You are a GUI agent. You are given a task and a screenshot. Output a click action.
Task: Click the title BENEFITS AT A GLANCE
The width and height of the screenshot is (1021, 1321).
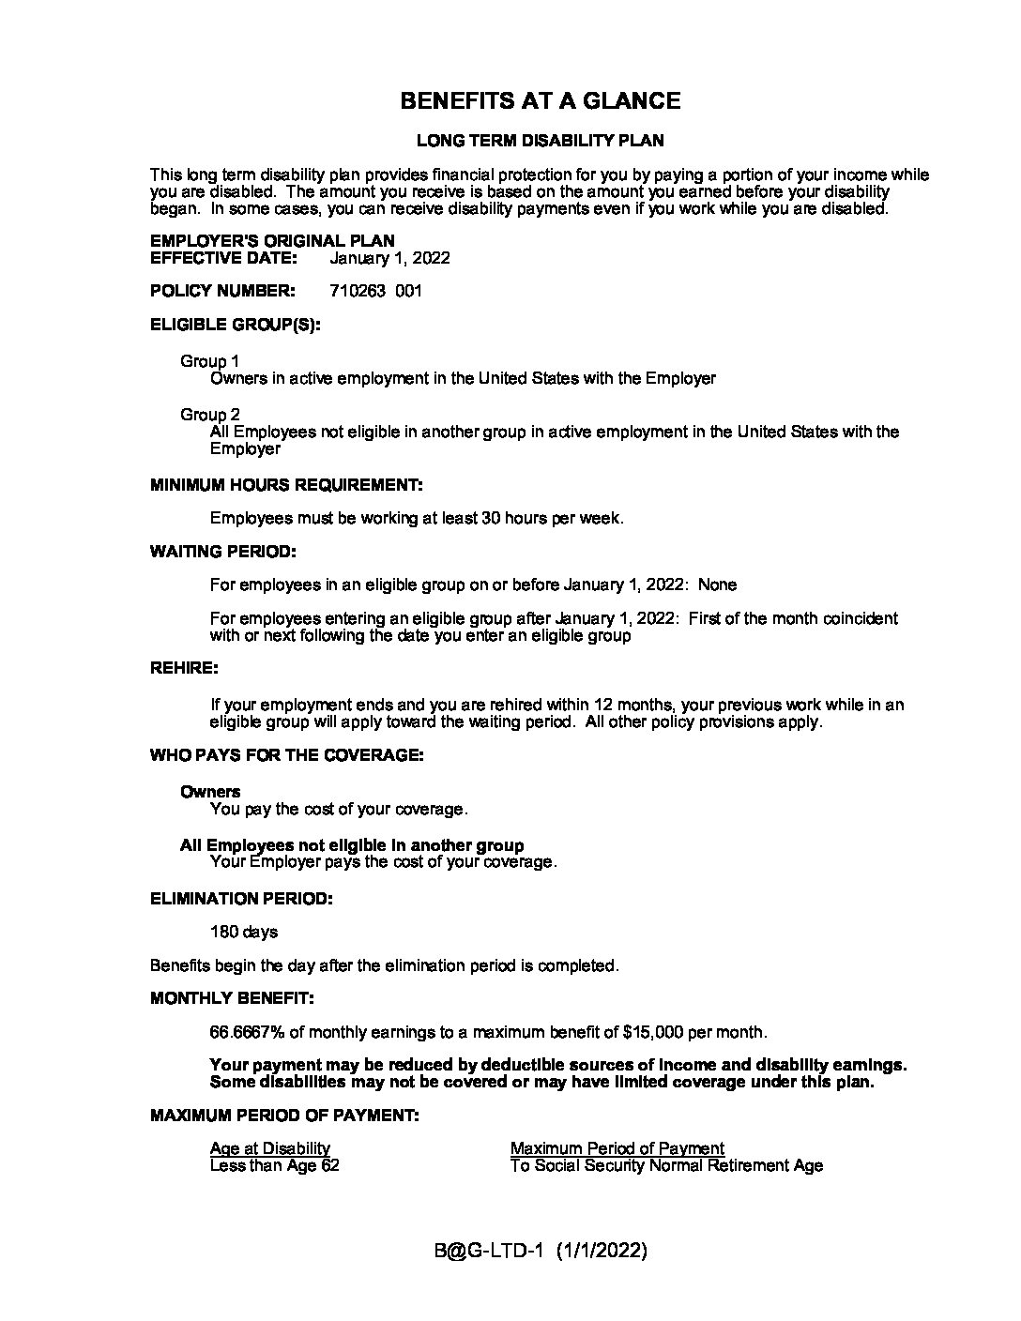[x=540, y=101]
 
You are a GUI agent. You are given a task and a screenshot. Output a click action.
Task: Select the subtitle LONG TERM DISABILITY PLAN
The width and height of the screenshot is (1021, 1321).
[x=540, y=141]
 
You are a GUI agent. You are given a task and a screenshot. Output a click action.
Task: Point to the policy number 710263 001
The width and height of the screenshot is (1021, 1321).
[x=375, y=291]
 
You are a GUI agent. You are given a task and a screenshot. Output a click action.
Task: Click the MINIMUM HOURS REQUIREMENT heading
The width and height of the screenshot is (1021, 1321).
[x=286, y=485]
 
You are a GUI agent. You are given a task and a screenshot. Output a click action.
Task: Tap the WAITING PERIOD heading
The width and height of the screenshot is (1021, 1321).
[x=222, y=551]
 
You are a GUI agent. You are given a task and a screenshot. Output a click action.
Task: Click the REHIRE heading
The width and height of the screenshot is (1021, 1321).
[x=184, y=668]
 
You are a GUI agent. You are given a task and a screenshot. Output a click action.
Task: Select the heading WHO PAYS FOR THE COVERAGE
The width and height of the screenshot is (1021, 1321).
[x=286, y=755]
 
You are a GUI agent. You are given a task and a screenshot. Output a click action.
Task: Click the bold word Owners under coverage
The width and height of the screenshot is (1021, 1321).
[x=210, y=792]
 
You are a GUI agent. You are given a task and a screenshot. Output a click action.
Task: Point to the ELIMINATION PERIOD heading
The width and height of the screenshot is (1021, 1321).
[x=241, y=899]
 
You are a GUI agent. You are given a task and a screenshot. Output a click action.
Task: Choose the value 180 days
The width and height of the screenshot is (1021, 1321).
[x=244, y=933]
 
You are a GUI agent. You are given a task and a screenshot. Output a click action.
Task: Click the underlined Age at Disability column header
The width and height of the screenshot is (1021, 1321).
[x=270, y=1148]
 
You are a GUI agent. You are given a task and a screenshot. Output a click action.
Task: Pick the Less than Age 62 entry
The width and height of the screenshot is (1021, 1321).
[x=274, y=1166]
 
